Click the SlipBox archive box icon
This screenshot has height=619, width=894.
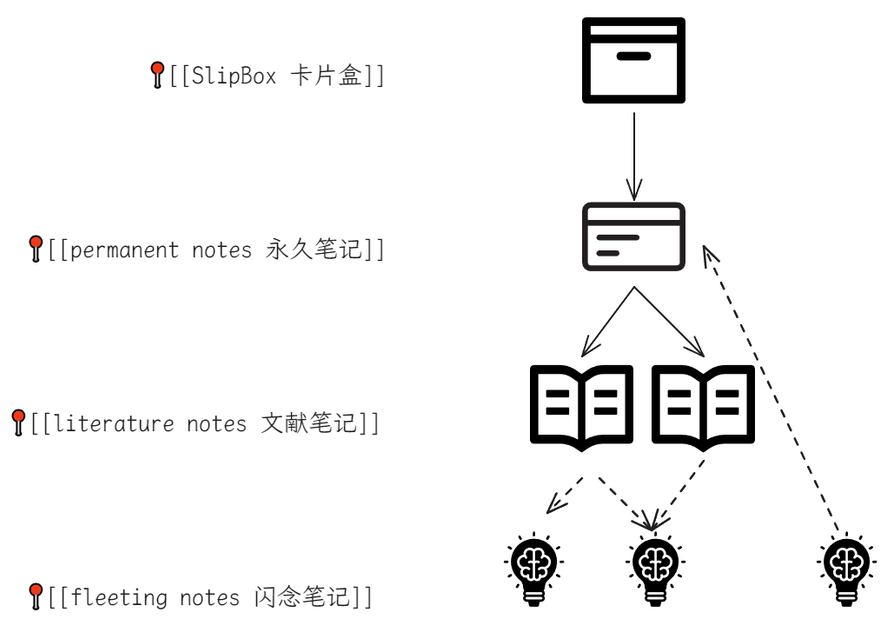tap(633, 60)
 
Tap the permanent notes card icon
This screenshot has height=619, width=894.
tap(633, 236)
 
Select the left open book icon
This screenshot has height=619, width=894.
tap(581, 407)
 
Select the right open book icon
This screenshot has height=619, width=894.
tap(703, 407)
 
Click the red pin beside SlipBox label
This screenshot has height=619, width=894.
tap(157, 75)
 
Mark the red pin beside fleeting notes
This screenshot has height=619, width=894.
tap(36, 596)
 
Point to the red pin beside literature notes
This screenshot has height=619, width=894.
tap(18, 423)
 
